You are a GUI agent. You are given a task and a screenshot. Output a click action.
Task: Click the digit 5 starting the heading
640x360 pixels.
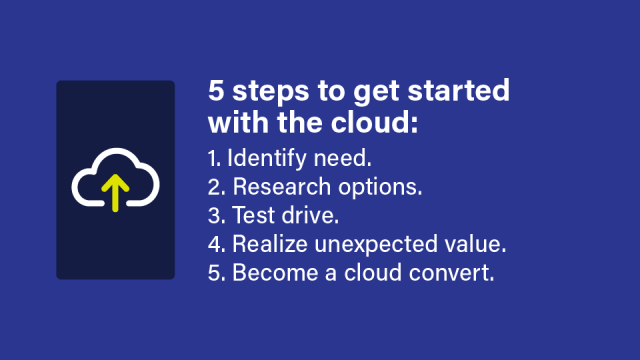pos(216,91)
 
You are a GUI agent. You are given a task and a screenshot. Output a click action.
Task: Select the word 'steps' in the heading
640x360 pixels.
pos(262,93)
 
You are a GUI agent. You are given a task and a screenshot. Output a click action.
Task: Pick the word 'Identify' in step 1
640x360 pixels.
pos(267,158)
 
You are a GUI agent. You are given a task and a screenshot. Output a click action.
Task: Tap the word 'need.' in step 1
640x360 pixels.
pos(342,158)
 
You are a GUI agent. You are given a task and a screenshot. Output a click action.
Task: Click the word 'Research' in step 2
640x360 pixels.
pos(279,187)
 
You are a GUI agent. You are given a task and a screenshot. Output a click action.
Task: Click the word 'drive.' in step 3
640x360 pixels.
pos(306,216)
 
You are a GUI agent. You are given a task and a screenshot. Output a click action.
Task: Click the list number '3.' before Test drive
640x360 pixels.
pos(217,216)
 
